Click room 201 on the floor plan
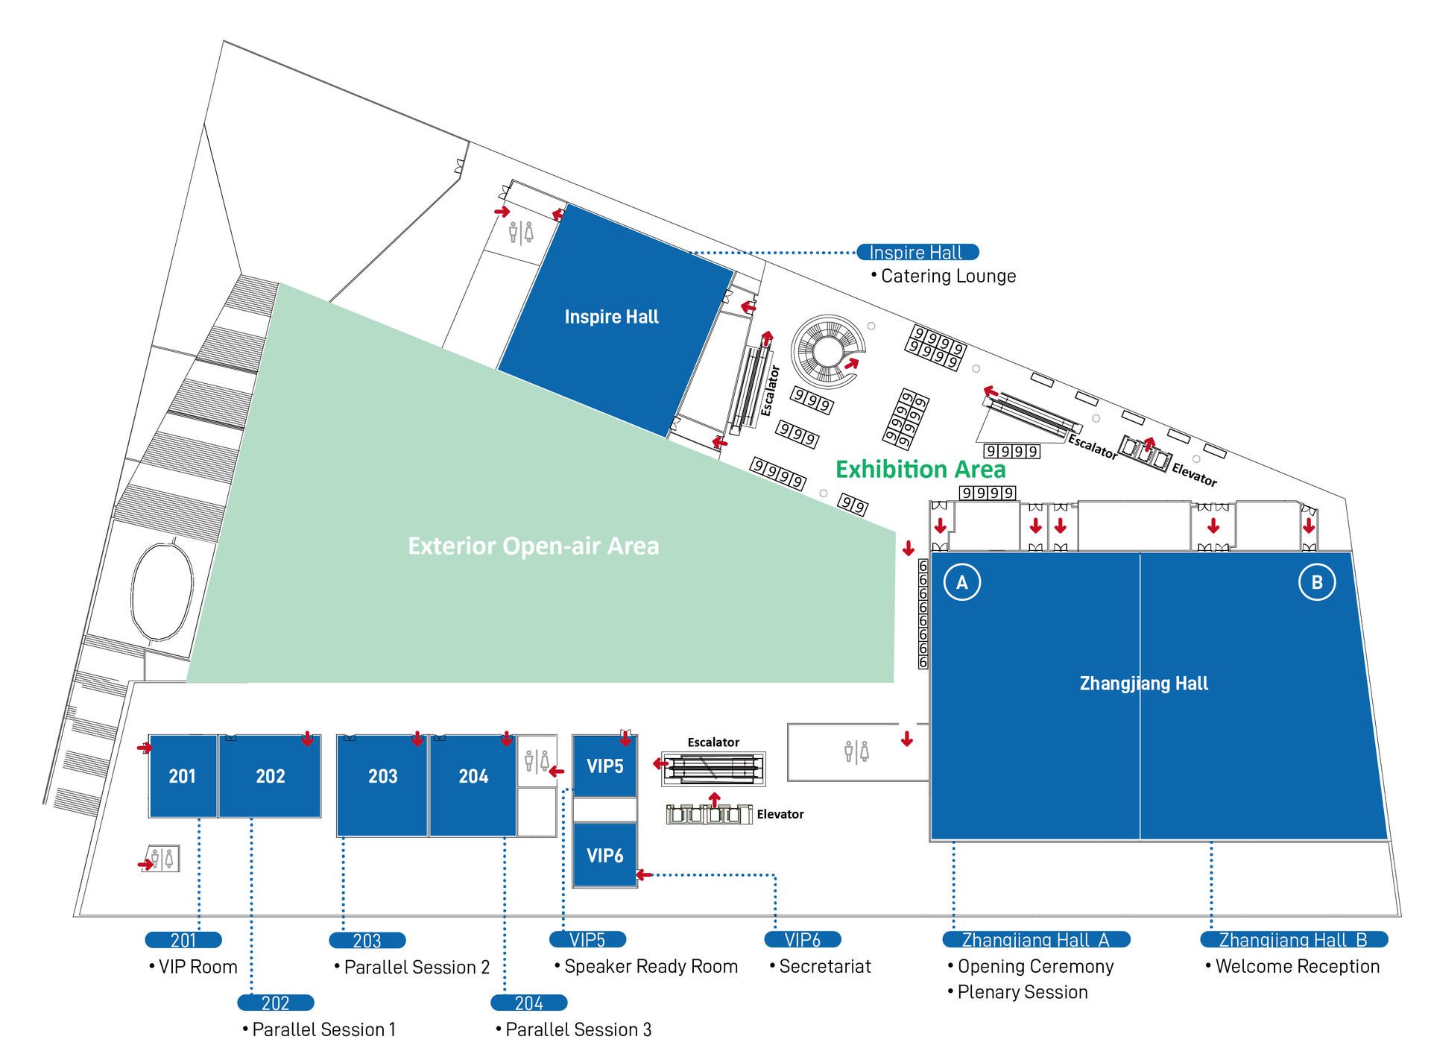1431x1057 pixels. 183,776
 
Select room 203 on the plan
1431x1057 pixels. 382,785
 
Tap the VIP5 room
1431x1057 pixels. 604,766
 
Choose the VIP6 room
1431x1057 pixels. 604,855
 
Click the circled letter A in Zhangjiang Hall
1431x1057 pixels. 962,582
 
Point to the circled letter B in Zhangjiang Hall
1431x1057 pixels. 1317,582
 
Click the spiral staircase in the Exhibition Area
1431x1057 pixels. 827,350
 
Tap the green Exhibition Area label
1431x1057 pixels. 920,469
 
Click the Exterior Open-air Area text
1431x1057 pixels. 534,546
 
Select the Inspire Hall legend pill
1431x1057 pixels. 917,253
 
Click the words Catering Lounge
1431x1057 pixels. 948,276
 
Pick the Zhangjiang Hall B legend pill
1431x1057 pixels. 1294,940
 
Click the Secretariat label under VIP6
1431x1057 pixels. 825,967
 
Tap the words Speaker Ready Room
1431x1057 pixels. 651,967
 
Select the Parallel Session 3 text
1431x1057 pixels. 578,1029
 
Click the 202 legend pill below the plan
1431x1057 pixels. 276,1003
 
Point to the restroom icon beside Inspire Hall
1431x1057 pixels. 521,233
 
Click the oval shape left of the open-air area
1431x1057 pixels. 162,592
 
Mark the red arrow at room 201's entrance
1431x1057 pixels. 145,747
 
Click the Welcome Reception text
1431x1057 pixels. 1298,967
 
